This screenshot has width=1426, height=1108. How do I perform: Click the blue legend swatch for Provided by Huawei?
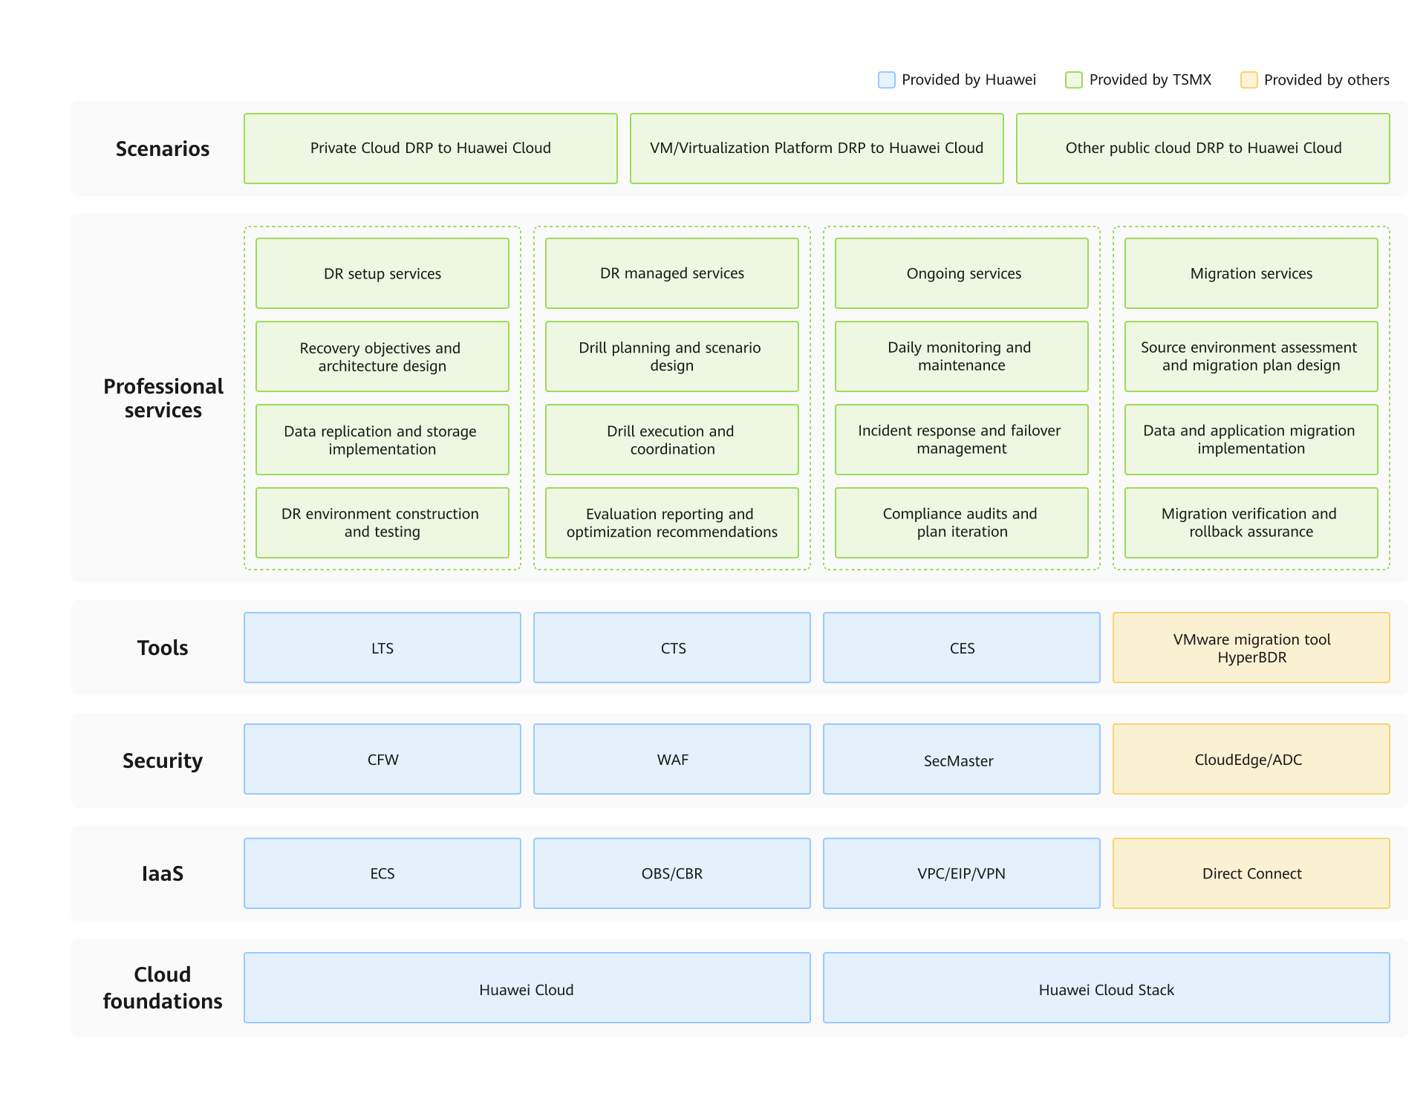pyautogui.click(x=886, y=80)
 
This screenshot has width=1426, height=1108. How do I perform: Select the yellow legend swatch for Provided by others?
pyautogui.click(x=1248, y=80)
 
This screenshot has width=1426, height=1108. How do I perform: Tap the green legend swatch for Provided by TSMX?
pyautogui.click(x=1073, y=80)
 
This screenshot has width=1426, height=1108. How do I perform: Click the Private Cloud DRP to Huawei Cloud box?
pyautogui.click(x=431, y=149)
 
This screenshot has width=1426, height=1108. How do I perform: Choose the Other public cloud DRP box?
pyautogui.click(x=1203, y=149)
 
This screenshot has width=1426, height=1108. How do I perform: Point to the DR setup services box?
pyautogui.click(x=382, y=273)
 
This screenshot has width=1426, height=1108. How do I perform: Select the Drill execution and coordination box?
pyautogui.click(x=672, y=440)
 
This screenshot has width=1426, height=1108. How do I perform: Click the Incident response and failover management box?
pyautogui.click(x=962, y=440)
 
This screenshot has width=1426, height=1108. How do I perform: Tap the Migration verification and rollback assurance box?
pyautogui.click(x=1251, y=523)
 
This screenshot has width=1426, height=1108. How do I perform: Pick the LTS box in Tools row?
pyautogui.click(x=382, y=648)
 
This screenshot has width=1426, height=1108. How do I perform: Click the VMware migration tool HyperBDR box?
pyautogui.click(x=1251, y=648)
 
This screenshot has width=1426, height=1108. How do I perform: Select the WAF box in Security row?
pyautogui.click(x=672, y=759)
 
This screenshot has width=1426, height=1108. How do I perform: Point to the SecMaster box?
pyautogui.click(x=962, y=759)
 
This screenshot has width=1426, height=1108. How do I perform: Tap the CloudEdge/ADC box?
pyautogui.click(x=1251, y=759)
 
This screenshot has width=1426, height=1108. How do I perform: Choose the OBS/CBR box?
pyautogui.click(x=672, y=873)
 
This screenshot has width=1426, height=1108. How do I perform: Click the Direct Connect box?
pyautogui.click(x=1251, y=873)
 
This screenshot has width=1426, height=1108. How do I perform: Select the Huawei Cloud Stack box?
pyautogui.click(x=1107, y=988)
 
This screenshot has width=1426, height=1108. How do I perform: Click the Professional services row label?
pyautogui.click(x=163, y=398)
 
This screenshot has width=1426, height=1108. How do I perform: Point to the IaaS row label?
pyautogui.click(x=163, y=873)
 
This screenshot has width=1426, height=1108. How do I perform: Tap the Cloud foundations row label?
pyautogui.click(x=163, y=988)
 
